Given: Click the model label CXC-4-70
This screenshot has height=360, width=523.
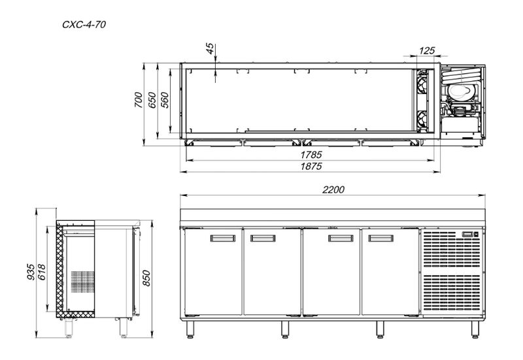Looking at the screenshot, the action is pyautogui.click(x=84, y=25).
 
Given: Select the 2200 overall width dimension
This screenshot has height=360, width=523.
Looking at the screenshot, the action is pyautogui.click(x=333, y=189).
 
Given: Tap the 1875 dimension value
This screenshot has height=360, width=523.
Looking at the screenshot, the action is pyautogui.click(x=311, y=166).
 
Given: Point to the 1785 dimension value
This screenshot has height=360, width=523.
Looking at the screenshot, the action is pyautogui.click(x=311, y=155).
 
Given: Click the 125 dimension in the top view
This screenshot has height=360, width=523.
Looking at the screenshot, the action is pyautogui.click(x=427, y=51).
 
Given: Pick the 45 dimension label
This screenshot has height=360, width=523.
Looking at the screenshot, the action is pyautogui.click(x=210, y=48).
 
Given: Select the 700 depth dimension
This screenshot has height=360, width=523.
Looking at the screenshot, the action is pyautogui.click(x=138, y=100).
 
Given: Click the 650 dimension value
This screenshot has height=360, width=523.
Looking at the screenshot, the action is pyautogui.click(x=152, y=100).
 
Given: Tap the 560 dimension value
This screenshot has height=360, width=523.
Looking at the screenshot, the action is pyautogui.click(x=165, y=100).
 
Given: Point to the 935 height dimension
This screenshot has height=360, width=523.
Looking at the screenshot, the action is pyautogui.click(x=31, y=272).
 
